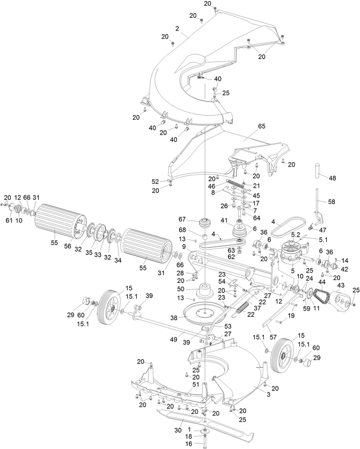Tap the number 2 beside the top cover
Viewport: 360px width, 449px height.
click(x=177, y=28)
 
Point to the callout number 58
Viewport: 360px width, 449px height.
click(x=332, y=202)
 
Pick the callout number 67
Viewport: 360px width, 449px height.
click(x=183, y=218)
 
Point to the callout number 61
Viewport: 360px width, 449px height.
click(x=9, y=219)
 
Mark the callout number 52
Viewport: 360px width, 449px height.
click(x=155, y=181)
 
